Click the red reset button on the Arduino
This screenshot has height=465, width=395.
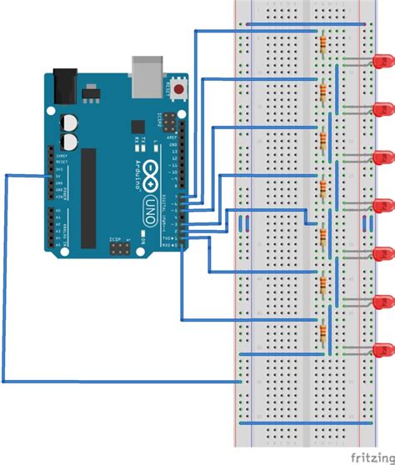pyautogui.click(x=180, y=87)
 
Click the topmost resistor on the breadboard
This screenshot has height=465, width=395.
pyautogui.click(x=322, y=41)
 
